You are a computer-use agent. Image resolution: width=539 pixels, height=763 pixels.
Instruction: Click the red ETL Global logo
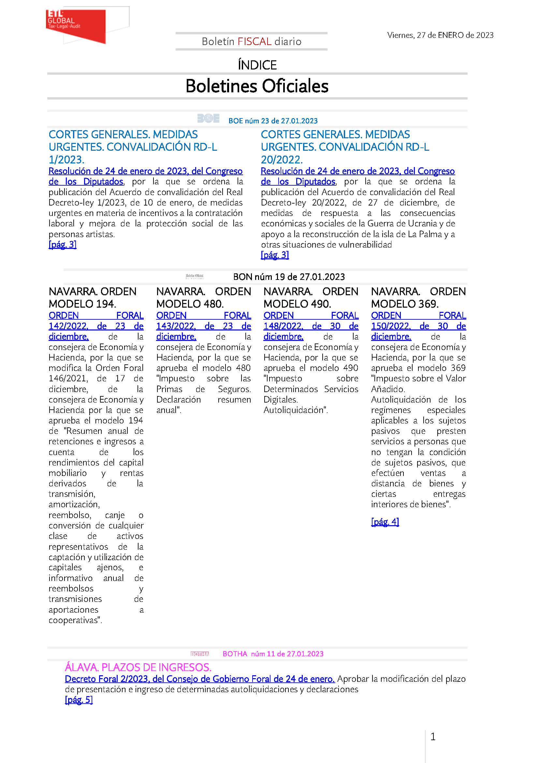point(76,25)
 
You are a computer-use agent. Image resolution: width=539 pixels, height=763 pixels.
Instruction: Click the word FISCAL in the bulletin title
point(254,41)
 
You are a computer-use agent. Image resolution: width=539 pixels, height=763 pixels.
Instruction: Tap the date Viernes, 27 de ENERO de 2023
point(440,35)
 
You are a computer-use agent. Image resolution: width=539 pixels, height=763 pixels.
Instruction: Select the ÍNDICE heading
point(257,65)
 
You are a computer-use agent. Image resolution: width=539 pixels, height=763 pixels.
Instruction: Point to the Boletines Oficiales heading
point(257,86)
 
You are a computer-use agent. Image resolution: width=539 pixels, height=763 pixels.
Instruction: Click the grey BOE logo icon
point(208,118)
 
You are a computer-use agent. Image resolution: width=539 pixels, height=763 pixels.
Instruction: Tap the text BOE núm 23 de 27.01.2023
point(273,121)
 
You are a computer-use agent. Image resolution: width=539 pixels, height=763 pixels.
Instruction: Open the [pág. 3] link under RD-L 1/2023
point(62,245)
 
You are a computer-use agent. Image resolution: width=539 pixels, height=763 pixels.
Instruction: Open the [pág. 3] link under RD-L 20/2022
point(274,255)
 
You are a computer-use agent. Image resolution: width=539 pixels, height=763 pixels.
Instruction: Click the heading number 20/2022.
point(282,160)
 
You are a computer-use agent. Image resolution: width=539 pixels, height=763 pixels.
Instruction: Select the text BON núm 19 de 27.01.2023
point(289,277)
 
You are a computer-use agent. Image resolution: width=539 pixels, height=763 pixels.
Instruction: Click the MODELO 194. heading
point(82,304)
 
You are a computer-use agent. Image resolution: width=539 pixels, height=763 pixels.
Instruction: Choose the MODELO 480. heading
point(190,304)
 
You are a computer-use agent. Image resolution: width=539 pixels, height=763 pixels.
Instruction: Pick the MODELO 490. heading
point(297,304)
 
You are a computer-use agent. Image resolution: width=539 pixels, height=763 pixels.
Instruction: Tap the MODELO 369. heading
point(405,304)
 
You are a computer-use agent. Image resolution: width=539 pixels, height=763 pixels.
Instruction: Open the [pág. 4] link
point(385,522)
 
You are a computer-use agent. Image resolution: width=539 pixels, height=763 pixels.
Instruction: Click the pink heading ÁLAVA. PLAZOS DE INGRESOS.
point(138,667)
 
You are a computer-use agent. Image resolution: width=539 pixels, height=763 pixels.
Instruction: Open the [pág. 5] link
point(79,700)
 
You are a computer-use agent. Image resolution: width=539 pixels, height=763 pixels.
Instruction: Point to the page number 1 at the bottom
point(433,737)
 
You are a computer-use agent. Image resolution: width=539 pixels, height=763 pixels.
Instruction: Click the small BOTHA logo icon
point(199,654)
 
